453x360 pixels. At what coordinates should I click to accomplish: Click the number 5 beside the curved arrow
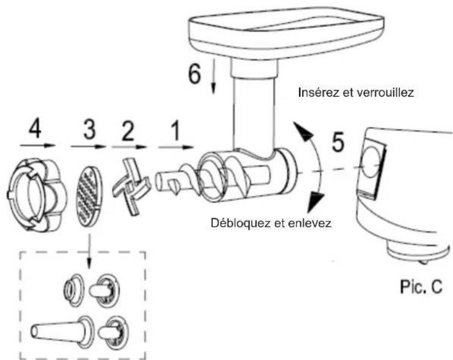(x=337, y=143)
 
